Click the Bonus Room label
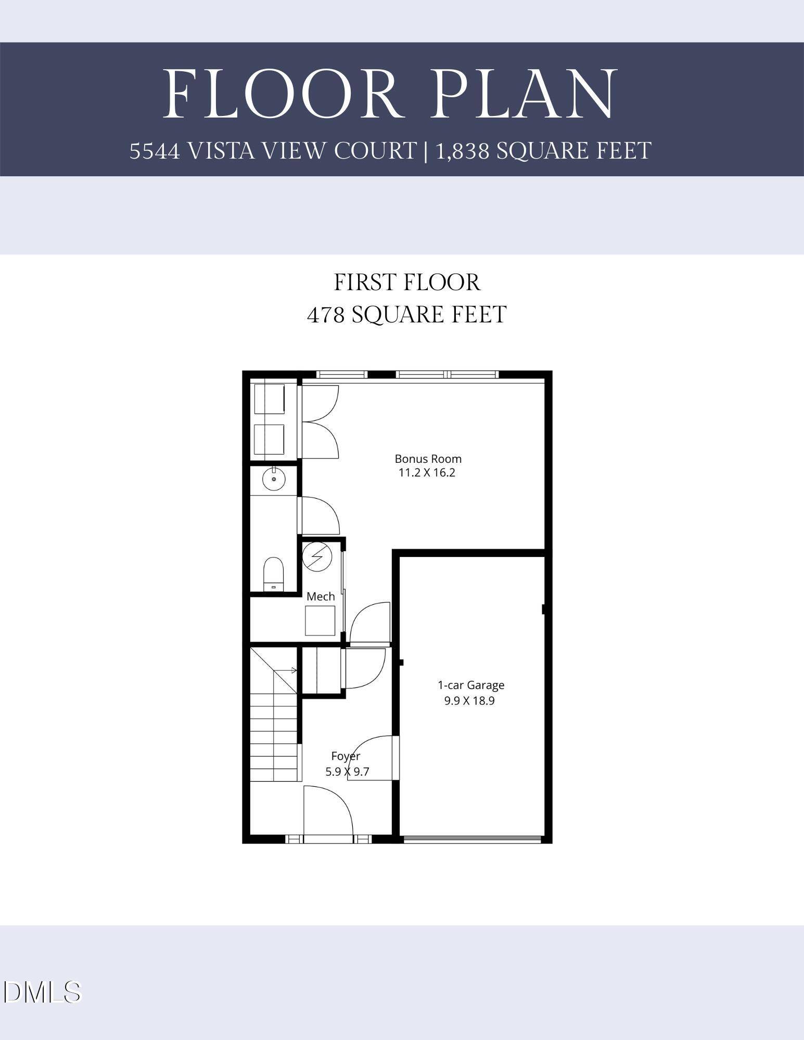(x=428, y=459)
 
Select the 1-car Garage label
(x=471, y=685)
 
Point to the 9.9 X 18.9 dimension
(x=469, y=700)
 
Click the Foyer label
(x=346, y=756)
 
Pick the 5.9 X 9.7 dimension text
(x=347, y=772)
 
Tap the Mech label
(x=321, y=596)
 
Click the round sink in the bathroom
(x=274, y=478)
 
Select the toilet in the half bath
(x=273, y=574)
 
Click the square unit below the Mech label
(x=320, y=621)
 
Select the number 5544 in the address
(x=155, y=151)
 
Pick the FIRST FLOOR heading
(x=407, y=282)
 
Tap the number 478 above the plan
(x=326, y=315)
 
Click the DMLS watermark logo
(x=42, y=992)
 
